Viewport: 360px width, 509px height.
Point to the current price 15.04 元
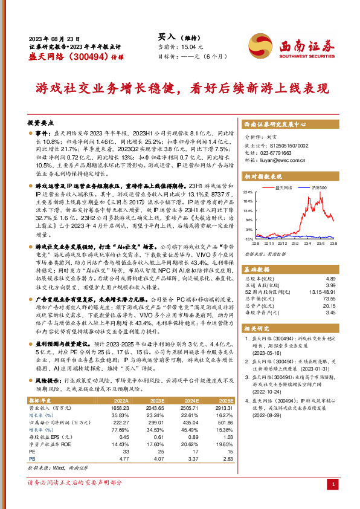tap(193, 47)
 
